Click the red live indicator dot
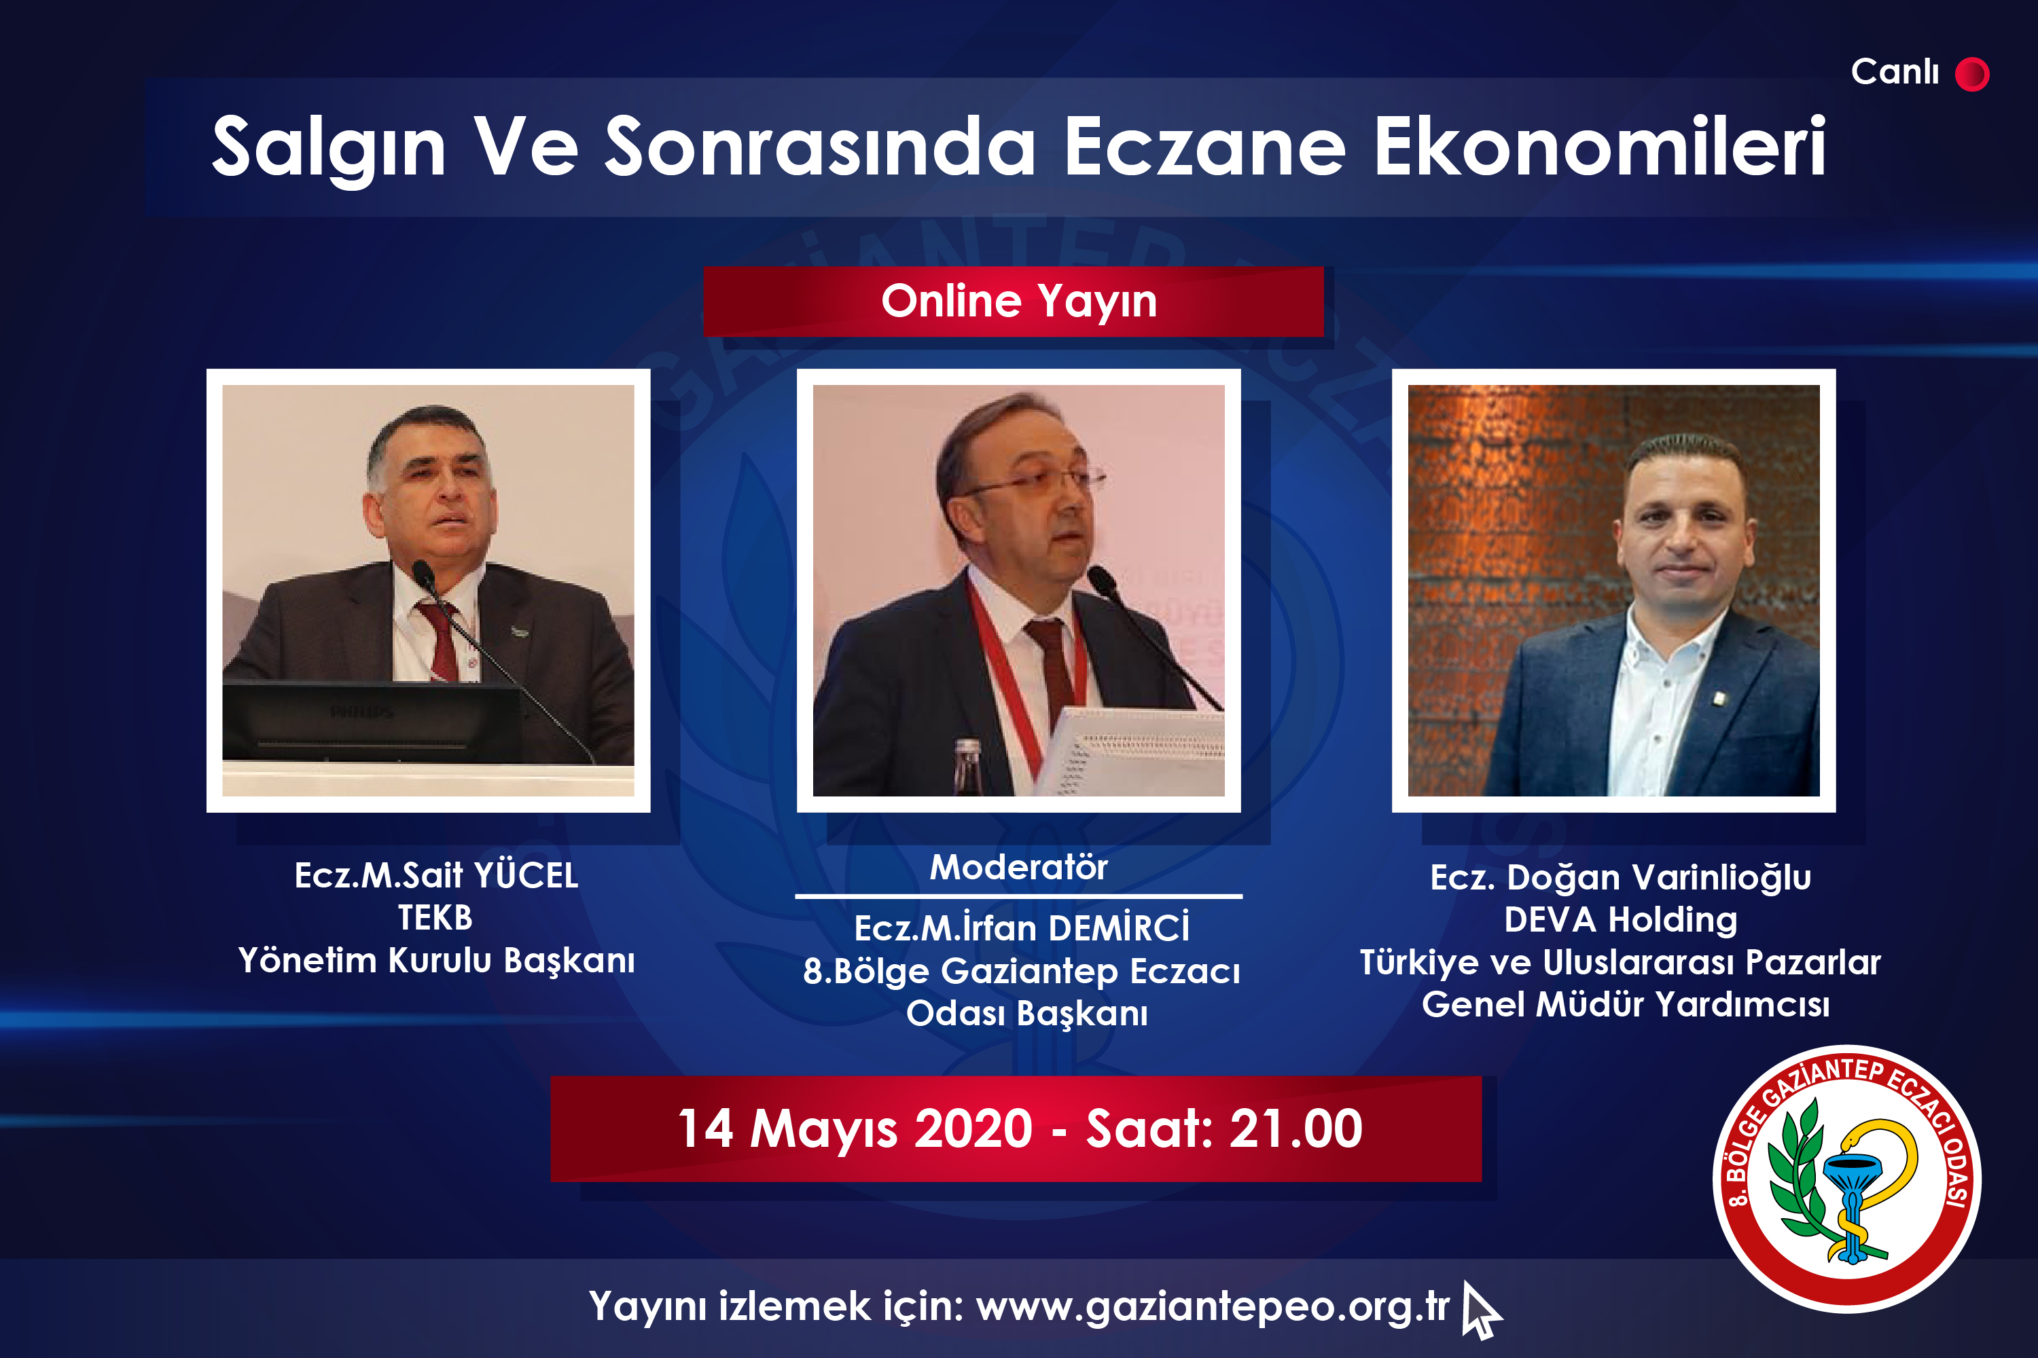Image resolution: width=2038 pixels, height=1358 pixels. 1972,73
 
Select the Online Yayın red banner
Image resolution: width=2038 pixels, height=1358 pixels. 1014,301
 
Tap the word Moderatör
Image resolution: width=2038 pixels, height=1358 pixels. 1018,867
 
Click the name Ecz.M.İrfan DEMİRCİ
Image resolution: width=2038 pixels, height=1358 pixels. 1022,928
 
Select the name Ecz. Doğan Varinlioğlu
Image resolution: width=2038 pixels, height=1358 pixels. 1620,878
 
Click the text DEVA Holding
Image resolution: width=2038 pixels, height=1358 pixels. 1620,920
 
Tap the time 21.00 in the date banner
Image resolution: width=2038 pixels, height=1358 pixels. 1295,1128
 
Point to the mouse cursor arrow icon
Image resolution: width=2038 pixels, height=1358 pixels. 1480,1310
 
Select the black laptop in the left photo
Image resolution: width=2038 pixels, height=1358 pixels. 372,723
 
